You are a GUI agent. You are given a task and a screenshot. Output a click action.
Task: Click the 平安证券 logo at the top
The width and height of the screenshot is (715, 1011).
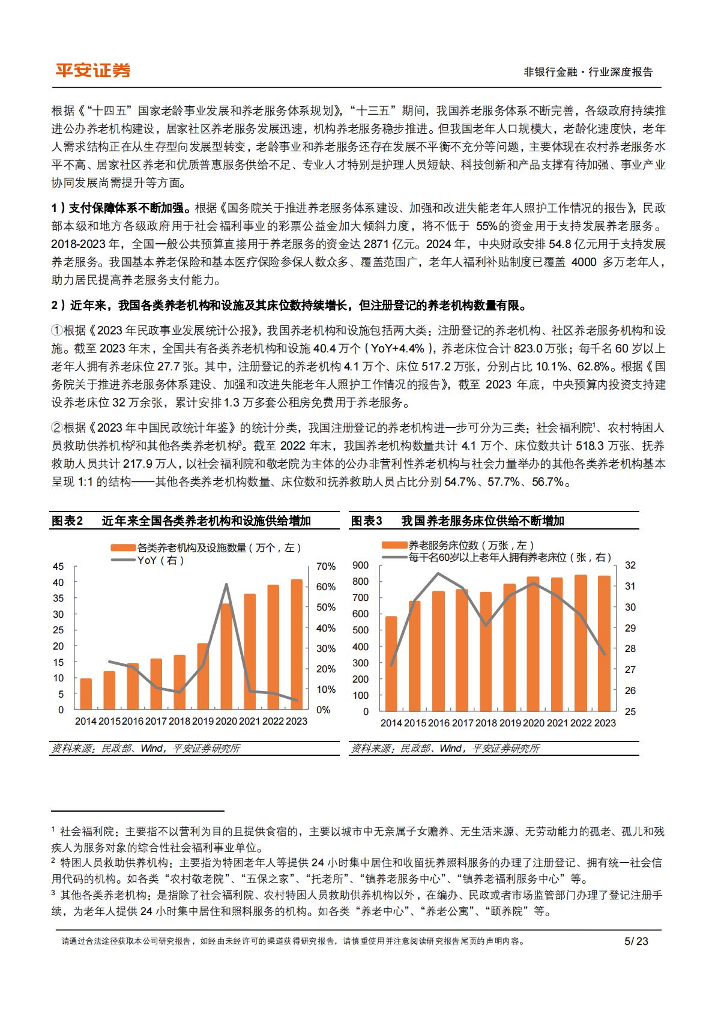coord(92,70)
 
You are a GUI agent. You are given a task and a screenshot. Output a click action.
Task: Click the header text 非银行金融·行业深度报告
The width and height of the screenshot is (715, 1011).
coord(588,72)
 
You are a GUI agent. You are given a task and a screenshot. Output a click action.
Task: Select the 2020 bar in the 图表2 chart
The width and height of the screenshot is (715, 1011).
coord(227,656)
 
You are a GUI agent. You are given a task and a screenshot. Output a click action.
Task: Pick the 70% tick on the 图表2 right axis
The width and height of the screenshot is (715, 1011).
coord(325,566)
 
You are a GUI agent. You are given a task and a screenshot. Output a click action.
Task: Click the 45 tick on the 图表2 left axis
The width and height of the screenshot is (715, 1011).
coord(58,566)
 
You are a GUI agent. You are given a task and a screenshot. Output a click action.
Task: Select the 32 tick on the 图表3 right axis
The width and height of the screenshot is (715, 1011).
coord(630,565)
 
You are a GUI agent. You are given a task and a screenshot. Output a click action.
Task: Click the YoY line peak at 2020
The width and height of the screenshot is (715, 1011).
coord(226,584)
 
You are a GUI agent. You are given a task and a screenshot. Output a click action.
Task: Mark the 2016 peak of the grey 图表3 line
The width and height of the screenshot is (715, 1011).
coord(438,573)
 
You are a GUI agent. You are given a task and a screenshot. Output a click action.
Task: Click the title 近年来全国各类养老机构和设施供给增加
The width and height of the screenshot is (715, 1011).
coord(206,521)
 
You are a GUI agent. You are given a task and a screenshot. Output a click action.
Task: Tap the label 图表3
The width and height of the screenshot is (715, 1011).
coord(366,521)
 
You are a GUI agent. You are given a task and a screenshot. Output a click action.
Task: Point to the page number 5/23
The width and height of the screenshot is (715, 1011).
coord(636,941)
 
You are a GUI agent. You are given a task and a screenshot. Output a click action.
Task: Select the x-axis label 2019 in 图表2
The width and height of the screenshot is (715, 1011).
coord(203,722)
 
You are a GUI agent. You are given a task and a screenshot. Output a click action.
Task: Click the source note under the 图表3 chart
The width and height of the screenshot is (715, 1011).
coord(445,748)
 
